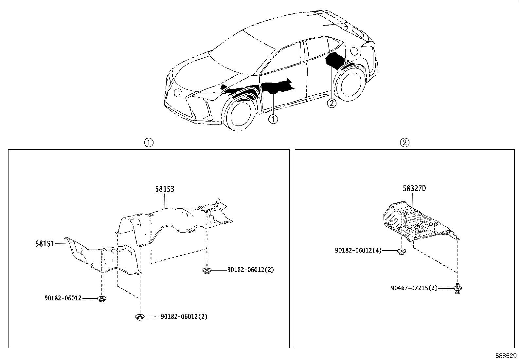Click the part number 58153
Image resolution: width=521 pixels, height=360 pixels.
[165, 189]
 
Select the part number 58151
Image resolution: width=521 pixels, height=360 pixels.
[45, 244]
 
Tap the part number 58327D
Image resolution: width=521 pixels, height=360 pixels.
[414, 188]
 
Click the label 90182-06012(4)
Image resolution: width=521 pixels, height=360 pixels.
[358, 250]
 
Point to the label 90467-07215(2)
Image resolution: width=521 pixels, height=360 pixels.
[414, 288]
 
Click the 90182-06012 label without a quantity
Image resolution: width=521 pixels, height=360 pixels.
[63, 298]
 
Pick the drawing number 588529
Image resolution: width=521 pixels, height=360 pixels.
[506, 355]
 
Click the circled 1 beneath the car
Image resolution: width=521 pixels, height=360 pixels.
[273, 120]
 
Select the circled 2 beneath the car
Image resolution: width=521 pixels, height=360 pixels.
[332, 103]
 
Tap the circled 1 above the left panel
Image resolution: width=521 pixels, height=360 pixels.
[149, 142]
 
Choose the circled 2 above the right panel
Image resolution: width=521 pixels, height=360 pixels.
[405, 142]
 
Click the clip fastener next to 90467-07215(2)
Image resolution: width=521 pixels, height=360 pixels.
[458, 289]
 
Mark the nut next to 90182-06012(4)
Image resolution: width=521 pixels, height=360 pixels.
[402, 252]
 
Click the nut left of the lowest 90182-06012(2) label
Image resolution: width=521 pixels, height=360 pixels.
[139, 317]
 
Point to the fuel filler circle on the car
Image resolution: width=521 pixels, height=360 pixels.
[354, 51]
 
